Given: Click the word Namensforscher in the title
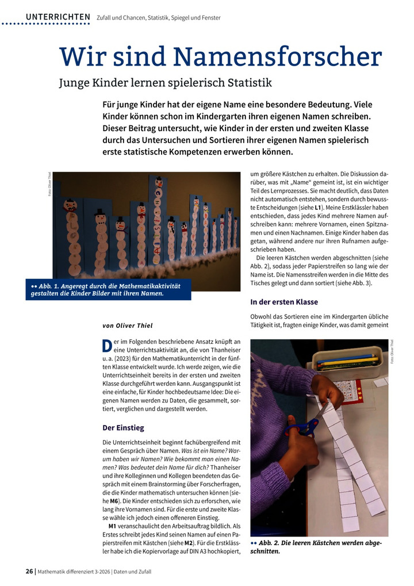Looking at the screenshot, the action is [277, 57].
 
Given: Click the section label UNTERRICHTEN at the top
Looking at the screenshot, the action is [58, 17].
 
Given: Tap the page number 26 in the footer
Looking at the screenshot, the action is [29, 572].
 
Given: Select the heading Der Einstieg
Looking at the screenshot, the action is [123, 427].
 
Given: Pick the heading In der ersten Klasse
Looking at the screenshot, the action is [284, 302].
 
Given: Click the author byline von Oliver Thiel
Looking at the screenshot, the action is [128, 325].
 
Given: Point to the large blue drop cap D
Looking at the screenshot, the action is [107, 346].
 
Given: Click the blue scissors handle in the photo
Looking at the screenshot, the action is [302, 428].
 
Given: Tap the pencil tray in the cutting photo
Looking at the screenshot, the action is [346, 362].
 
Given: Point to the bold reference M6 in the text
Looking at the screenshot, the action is [114, 501].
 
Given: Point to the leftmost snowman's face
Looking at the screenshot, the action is [71, 205].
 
